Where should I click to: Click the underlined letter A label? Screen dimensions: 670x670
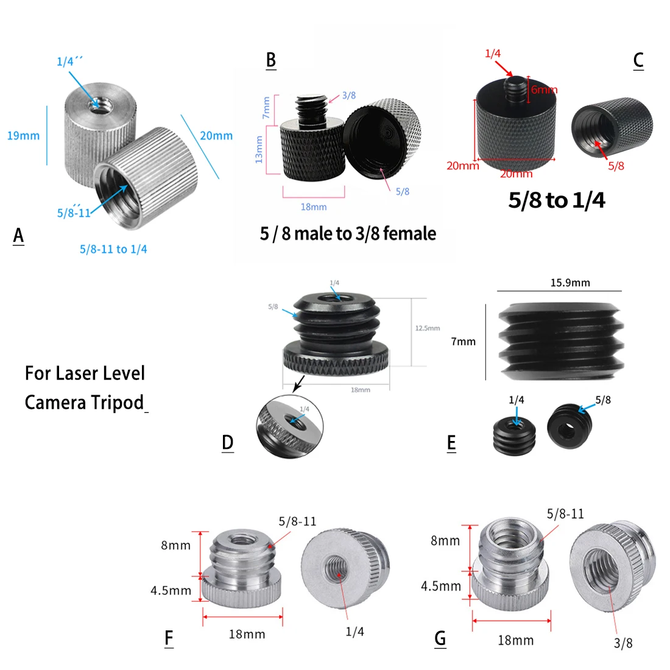click(x=18, y=235)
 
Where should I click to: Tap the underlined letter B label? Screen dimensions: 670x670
click(x=271, y=60)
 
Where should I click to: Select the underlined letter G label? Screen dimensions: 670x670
click(x=440, y=638)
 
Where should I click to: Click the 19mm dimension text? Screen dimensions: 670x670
click(x=23, y=136)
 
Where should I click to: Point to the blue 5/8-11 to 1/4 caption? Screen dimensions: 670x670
click(x=113, y=249)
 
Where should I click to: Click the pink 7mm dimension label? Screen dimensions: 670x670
click(x=266, y=108)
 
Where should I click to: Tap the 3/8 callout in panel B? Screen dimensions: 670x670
click(x=348, y=96)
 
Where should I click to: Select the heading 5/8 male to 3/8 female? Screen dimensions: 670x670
click(x=348, y=234)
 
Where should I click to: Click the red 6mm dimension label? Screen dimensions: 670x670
click(x=543, y=90)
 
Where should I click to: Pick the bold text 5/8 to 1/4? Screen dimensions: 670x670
click(x=557, y=200)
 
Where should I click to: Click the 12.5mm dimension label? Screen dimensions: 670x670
click(x=427, y=328)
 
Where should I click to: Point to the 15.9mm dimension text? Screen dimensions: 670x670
click(x=570, y=283)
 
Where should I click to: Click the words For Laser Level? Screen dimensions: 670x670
click(x=85, y=373)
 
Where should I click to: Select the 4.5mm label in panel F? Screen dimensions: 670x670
click(x=171, y=590)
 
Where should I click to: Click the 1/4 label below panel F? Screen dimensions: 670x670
click(x=354, y=632)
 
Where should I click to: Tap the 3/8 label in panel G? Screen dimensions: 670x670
click(x=622, y=643)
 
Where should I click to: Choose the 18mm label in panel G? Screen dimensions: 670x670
click(x=515, y=640)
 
